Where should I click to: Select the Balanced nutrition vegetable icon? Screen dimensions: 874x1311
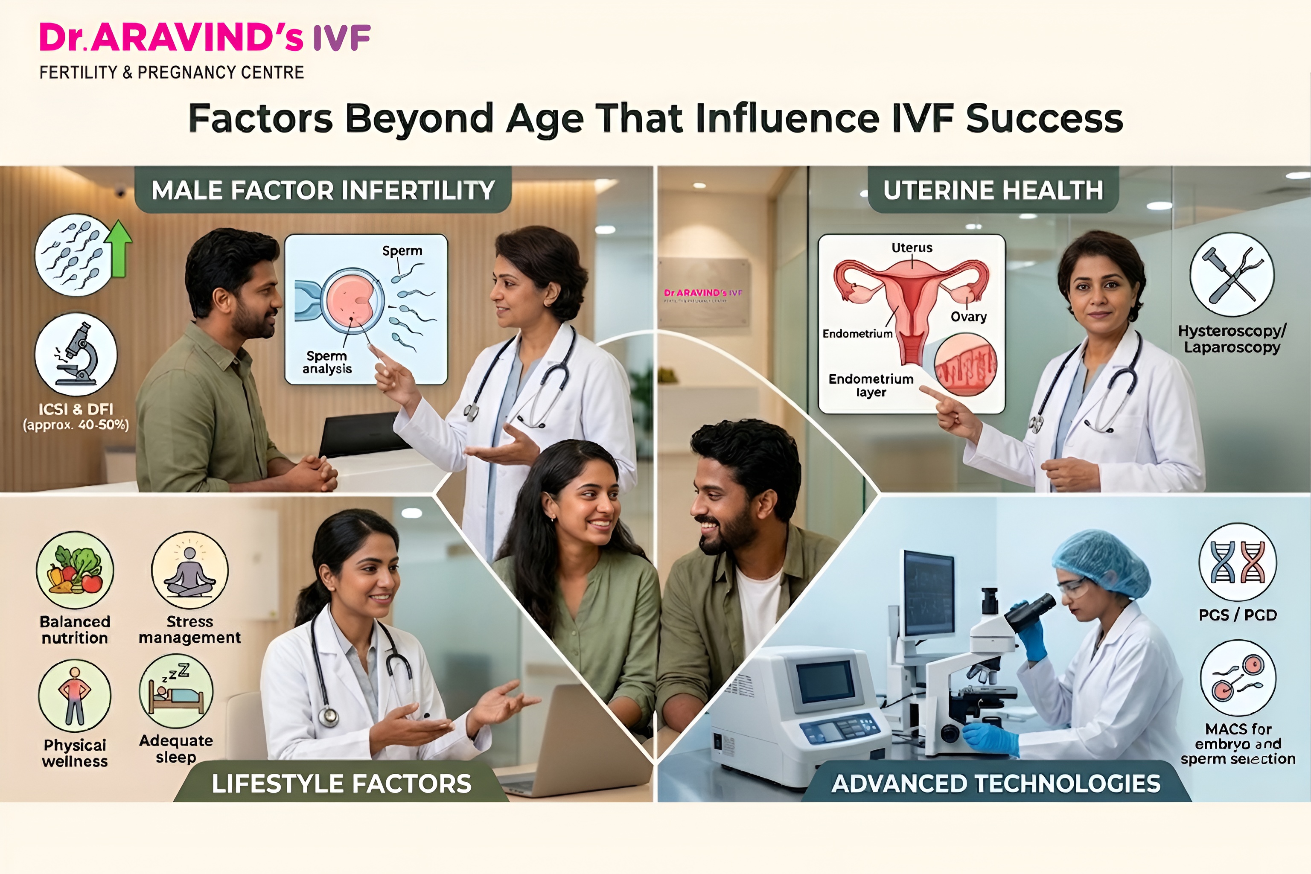point(75,570)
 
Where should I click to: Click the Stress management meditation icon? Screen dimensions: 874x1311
point(189,570)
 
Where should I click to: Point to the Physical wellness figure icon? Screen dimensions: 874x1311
point(75,695)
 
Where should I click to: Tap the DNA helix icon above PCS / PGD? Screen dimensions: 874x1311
point(1238,562)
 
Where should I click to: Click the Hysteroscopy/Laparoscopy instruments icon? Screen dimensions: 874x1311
point(1232,275)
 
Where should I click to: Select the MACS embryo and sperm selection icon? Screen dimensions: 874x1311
point(1238,677)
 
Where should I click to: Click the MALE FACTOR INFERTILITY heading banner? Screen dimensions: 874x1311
point(323,190)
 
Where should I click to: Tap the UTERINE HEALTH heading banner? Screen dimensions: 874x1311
point(993,190)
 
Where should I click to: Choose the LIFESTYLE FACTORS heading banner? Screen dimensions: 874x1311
point(341,784)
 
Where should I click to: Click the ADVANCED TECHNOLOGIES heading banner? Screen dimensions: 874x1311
point(996,784)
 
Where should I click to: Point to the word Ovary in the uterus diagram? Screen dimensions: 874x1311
point(968,317)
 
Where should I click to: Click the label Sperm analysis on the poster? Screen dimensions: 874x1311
point(327,362)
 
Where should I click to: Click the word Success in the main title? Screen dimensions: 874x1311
point(1044,118)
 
